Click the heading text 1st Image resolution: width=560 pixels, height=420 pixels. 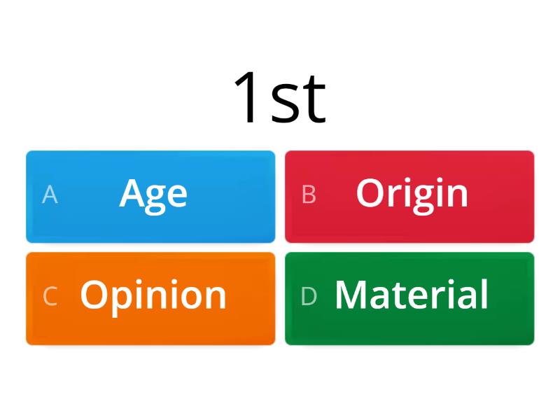coord(280,98)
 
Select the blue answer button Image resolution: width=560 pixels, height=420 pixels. coord(150,197)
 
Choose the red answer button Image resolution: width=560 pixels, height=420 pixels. coord(409,197)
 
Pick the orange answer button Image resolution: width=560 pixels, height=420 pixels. coord(150,298)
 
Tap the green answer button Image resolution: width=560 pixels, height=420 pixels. coord(409,298)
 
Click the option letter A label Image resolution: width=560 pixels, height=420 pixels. coord(50,195)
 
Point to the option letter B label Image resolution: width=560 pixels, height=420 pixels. coord(309,195)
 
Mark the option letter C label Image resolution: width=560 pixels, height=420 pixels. coord(50,296)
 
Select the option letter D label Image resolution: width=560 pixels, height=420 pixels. coord(309,296)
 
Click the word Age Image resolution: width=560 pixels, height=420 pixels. coord(153,193)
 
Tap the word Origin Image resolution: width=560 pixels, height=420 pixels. coord(412,193)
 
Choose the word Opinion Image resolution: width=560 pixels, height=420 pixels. coord(153,295)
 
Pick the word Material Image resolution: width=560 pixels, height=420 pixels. coord(412,295)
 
